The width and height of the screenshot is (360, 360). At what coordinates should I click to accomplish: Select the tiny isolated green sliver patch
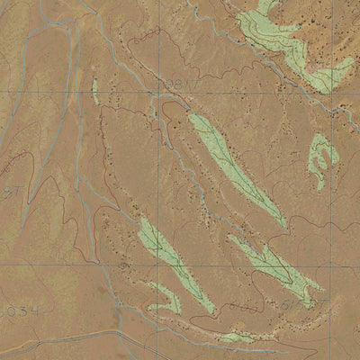[94, 88]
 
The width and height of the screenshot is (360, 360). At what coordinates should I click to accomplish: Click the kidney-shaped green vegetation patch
[321, 159]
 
